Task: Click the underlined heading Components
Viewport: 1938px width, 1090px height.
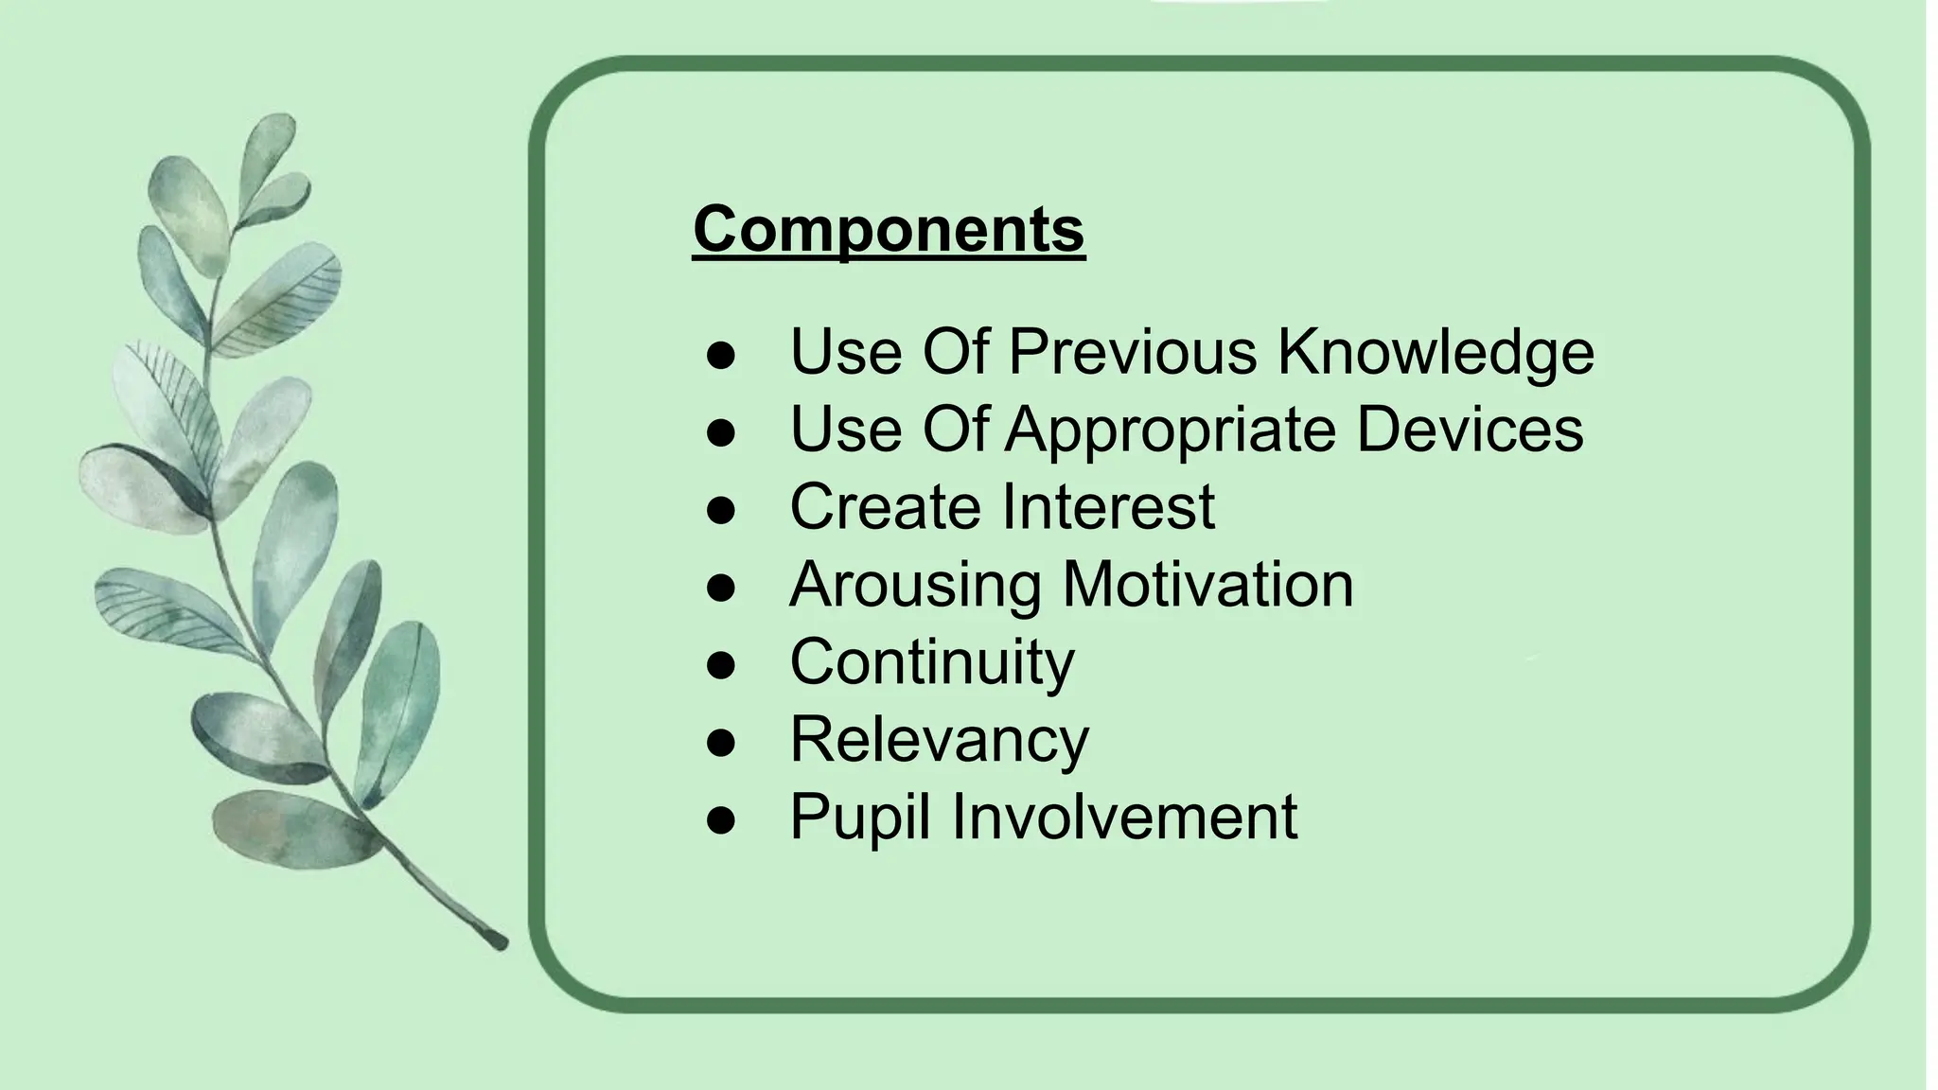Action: [x=889, y=229]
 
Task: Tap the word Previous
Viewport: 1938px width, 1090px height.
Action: [x=1133, y=352]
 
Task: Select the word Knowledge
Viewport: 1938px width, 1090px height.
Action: [x=1436, y=352]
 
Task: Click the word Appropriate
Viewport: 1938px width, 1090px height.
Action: [x=1170, y=430]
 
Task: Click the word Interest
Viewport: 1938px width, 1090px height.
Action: [x=1108, y=507]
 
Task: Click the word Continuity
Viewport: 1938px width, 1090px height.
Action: [x=932, y=662]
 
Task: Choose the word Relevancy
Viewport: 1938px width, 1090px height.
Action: [x=940, y=740]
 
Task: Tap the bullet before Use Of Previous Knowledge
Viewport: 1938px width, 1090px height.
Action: [x=721, y=356]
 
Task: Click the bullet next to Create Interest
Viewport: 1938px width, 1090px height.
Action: [x=721, y=511]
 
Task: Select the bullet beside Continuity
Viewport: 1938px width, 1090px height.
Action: [x=721, y=666]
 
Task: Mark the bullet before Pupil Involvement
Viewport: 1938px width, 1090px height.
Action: [x=721, y=821]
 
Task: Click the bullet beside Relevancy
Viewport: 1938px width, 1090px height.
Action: [x=721, y=744]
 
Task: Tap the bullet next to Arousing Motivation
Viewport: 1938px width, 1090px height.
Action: [x=721, y=589]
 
